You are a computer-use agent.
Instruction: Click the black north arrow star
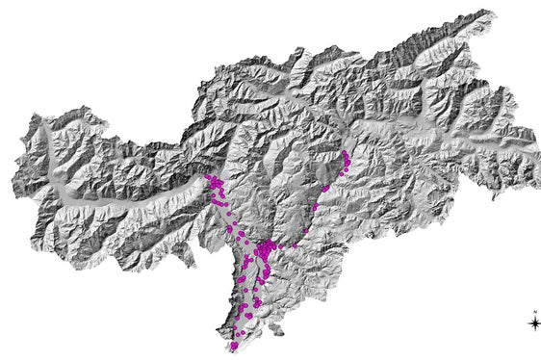tap(534, 323)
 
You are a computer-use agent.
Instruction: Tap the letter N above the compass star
tap(534, 312)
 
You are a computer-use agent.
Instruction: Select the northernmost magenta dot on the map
tap(345, 152)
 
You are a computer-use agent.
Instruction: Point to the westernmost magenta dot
tap(207, 177)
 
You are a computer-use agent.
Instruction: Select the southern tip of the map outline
tap(233, 351)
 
